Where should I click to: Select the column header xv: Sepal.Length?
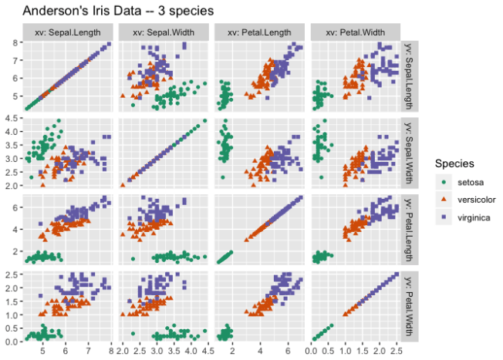coord(69,32)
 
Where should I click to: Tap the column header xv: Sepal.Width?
coord(164,32)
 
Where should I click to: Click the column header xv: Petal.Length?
coord(260,32)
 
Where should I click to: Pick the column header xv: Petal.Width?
coord(355,32)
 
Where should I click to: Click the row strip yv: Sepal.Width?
coord(409,152)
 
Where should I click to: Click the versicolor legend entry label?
coord(475,200)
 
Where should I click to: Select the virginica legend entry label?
coord(473,217)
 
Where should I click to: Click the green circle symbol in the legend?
coord(443,182)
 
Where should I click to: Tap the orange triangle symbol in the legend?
coord(443,200)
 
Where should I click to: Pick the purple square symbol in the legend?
coord(443,217)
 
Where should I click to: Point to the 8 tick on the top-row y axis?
coord(15,43)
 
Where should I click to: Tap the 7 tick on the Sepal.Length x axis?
coord(89,351)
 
